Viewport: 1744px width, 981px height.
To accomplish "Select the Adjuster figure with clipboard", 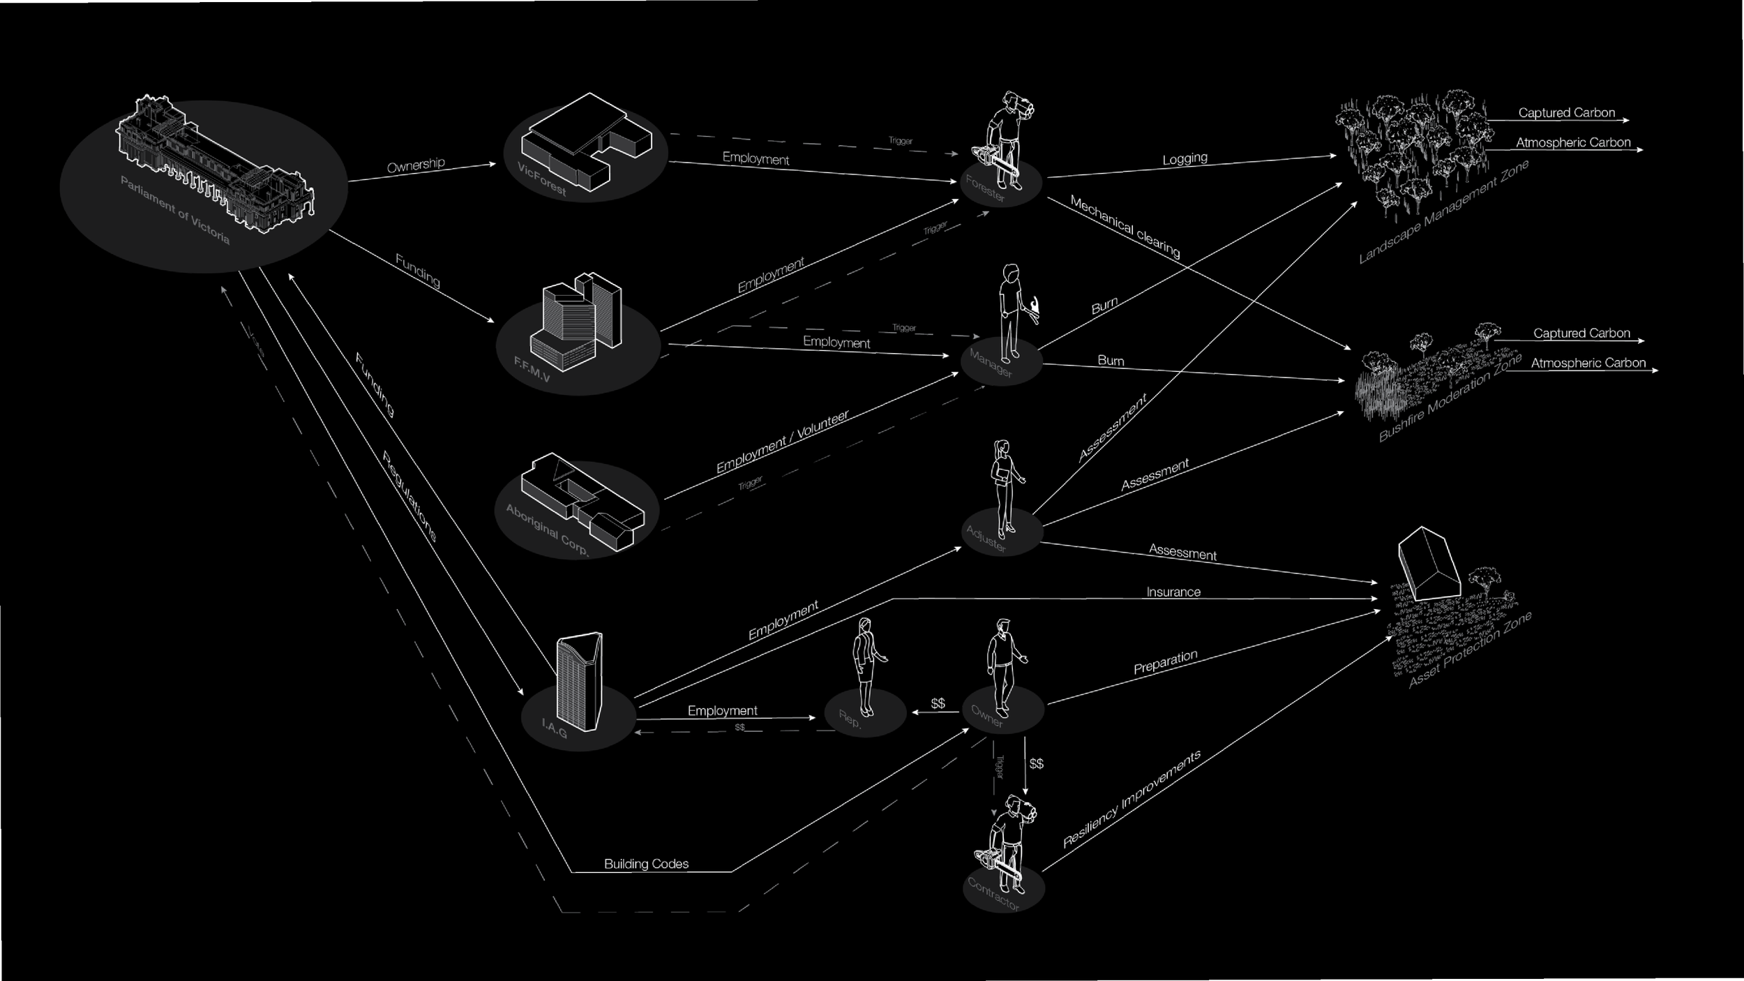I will (1005, 489).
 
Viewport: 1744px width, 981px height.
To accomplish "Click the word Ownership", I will (416, 165).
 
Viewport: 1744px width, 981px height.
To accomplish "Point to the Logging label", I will (1185, 159).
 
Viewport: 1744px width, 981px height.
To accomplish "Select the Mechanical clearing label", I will (1125, 226).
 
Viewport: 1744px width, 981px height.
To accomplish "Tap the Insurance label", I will (1173, 592).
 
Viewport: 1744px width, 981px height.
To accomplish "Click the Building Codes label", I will (646, 864).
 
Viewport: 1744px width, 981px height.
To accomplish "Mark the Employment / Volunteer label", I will (782, 441).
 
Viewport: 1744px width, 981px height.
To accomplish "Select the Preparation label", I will (1165, 662).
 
